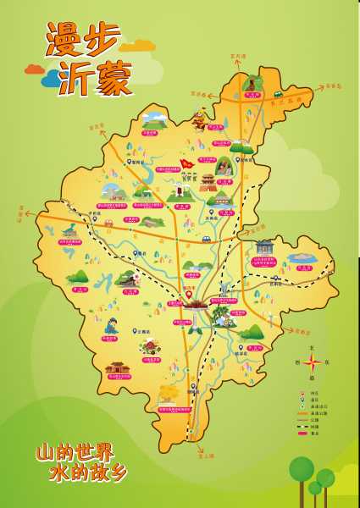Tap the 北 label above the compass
[312, 347]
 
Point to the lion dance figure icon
[200, 121]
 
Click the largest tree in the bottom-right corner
[301, 470]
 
